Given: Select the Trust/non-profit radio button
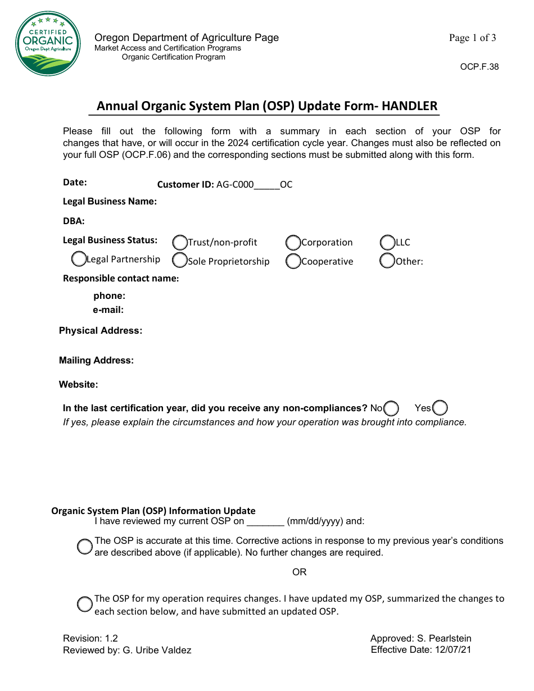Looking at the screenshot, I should tap(180, 243).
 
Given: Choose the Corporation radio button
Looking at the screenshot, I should tap(293, 243).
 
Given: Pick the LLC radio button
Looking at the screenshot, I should tap(388, 243).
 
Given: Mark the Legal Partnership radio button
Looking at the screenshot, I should tap(79, 259).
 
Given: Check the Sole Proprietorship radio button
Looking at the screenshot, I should tap(180, 260).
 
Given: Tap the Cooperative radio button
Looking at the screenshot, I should tap(293, 261).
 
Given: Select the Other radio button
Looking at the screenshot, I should tap(388, 261).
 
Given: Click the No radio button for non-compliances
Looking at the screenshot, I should tap(391, 408).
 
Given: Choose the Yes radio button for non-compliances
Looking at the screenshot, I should tap(440, 408).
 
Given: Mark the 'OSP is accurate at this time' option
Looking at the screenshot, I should tap(85, 547).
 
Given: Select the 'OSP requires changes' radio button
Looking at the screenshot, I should tap(85, 604).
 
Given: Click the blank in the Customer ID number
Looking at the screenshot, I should tap(267, 185).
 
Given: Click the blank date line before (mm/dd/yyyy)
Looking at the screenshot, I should tap(265, 521).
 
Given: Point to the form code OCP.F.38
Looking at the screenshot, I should tap(479, 67).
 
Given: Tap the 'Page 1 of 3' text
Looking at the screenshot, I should tap(472, 38).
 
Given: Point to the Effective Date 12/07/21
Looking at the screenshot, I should tap(421, 650).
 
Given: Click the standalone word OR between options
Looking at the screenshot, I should tap(300, 572).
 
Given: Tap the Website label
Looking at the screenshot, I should tap(78, 385).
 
